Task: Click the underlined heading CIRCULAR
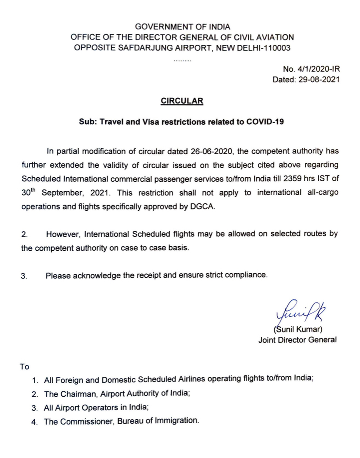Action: tap(182, 101)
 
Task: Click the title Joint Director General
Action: tap(297, 340)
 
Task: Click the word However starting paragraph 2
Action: tap(63, 235)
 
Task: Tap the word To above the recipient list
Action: tap(25, 367)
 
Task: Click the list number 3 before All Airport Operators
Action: tap(35, 408)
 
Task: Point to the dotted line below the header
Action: tap(182, 60)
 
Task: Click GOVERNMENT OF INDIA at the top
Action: tap(182, 27)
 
